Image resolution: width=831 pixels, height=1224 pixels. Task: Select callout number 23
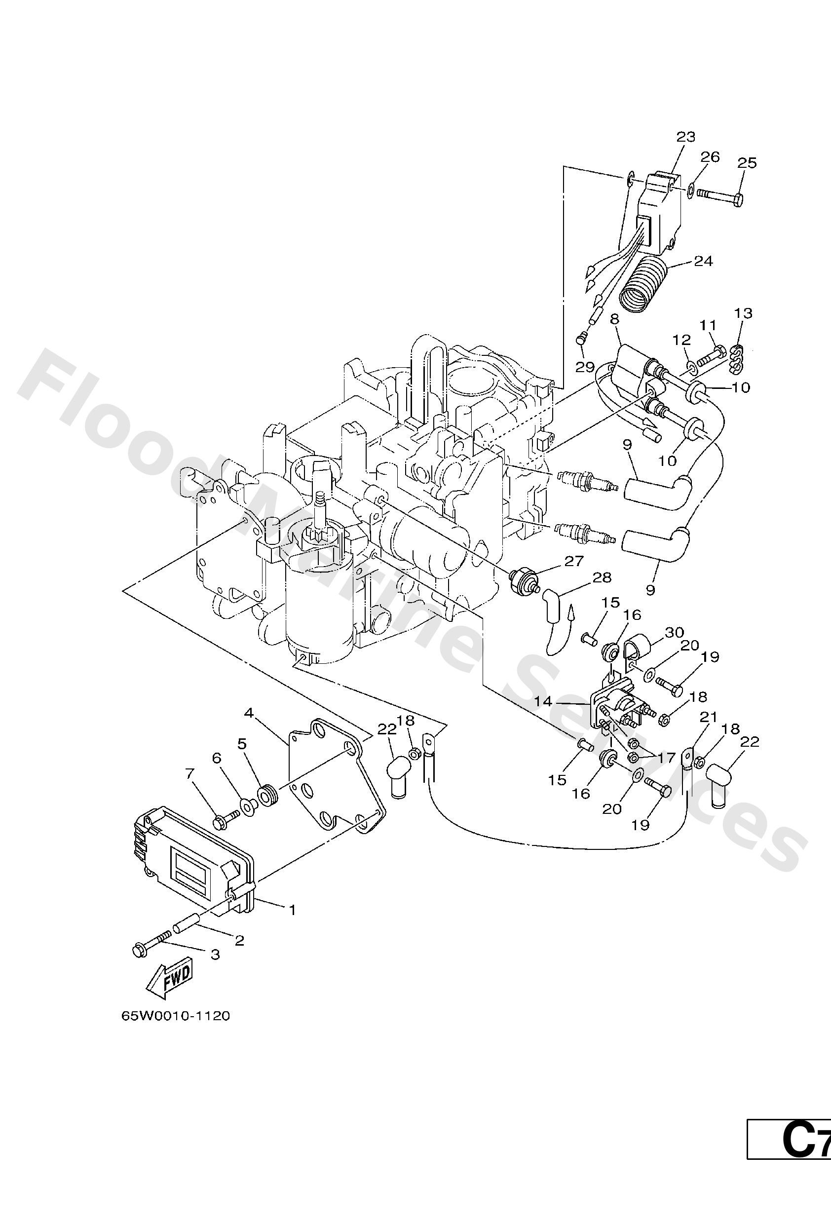click(685, 137)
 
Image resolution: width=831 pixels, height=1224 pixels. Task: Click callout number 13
click(744, 313)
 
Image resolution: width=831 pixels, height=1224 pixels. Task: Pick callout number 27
click(573, 562)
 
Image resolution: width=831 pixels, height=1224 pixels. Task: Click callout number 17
click(666, 759)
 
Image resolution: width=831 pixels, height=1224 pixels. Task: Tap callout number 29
click(585, 367)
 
